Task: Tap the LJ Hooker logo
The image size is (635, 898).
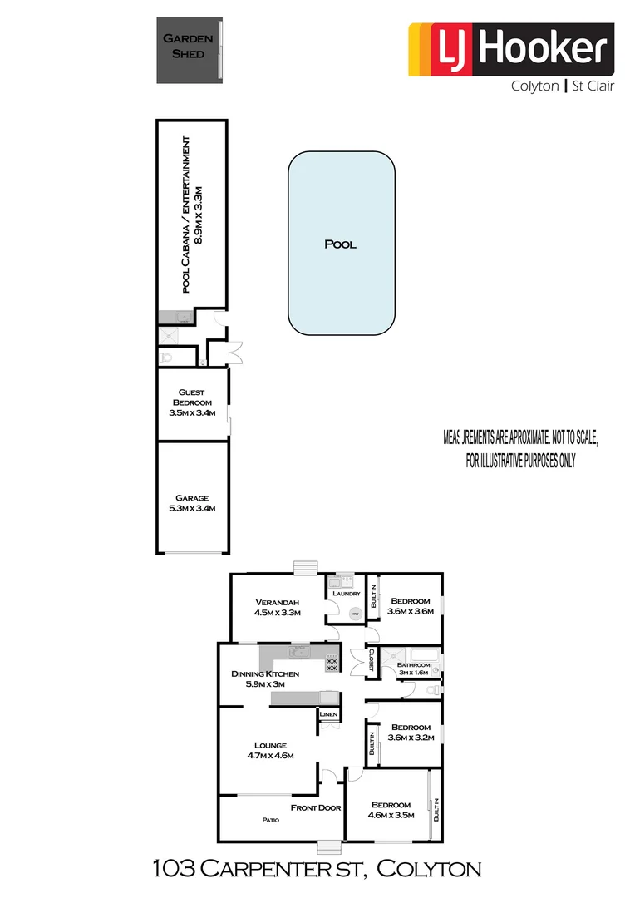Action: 510,49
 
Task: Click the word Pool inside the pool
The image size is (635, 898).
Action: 341,244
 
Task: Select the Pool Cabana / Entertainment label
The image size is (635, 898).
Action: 192,213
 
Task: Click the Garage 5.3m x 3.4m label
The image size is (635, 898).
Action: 192,504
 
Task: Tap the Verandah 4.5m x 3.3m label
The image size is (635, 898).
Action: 277,607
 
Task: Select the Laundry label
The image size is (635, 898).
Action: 346,594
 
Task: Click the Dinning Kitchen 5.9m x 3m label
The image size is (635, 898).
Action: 258,679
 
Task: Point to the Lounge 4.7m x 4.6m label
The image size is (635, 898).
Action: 271,750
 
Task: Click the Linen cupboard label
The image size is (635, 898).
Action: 328,714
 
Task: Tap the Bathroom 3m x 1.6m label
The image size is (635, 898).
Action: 413,670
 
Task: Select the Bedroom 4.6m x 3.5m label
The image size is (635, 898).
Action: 391,811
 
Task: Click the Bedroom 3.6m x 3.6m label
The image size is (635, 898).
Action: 411,607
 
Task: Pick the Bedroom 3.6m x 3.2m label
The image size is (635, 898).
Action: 411,733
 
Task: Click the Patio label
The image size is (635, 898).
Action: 270,820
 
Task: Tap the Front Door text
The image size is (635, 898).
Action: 316,807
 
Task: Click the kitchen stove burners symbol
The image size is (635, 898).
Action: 331,663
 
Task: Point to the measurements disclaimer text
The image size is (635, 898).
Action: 520,448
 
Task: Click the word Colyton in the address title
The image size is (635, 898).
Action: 429,870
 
